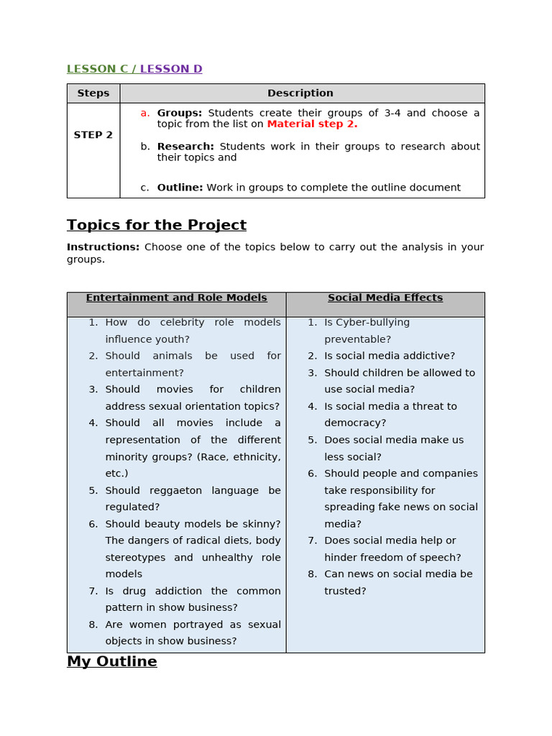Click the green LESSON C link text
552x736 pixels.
coord(99,69)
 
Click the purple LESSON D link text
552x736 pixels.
coord(171,69)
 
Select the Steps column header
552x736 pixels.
coord(93,93)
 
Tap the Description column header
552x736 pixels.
coord(300,93)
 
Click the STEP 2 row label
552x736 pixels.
coord(93,135)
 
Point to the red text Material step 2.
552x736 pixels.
coord(312,124)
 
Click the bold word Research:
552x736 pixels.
coord(185,147)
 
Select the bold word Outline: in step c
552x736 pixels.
coord(180,188)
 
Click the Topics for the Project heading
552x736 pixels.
coord(157,225)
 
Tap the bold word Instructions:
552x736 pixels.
coord(103,247)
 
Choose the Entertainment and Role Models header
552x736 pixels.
coord(176,298)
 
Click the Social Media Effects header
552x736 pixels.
coord(385,298)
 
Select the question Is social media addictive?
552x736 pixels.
coord(390,356)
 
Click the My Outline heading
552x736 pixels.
coord(111,661)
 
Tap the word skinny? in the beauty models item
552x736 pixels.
coord(260,524)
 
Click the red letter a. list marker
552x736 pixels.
coord(144,113)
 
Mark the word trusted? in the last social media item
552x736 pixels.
coord(345,591)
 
